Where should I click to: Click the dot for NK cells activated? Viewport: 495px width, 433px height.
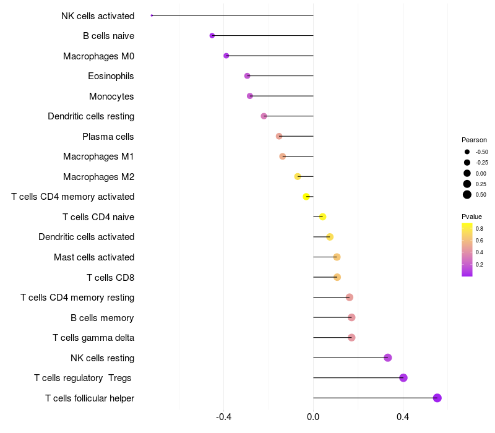pyautogui.click(x=152, y=15)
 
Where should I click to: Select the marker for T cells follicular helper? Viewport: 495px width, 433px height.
pyautogui.click(x=437, y=398)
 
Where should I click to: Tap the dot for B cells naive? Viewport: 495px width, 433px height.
pyautogui.click(x=212, y=36)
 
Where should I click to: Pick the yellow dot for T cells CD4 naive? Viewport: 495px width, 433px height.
pyautogui.click(x=322, y=216)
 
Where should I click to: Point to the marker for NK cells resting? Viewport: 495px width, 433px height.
pyautogui.click(x=388, y=358)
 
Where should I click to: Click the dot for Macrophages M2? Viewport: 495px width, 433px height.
pyautogui.click(x=298, y=176)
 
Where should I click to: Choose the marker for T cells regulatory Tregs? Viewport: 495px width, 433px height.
pyautogui.click(x=403, y=378)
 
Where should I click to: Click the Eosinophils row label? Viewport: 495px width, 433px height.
pyautogui.click(x=111, y=76)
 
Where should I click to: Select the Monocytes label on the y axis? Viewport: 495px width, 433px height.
pyautogui.click(x=111, y=96)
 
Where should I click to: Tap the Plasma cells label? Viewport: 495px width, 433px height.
pyautogui.click(x=108, y=137)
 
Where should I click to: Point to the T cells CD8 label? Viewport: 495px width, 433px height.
pyautogui.click(x=110, y=278)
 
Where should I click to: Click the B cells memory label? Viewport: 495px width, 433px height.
pyautogui.click(x=102, y=318)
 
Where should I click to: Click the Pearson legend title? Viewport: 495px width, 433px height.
pyautogui.click(x=474, y=140)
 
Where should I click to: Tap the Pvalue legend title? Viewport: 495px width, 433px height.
pyautogui.click(x=471, y=216)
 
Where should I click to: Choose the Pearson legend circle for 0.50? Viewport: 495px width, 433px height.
pyautogui.click(x=467, y=195)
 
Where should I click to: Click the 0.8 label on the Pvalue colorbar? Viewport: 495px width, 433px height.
pyautogui.click(x=480, y=229)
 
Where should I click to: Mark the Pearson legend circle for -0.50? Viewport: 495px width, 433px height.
pyautogui.click(x=467, y=152)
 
